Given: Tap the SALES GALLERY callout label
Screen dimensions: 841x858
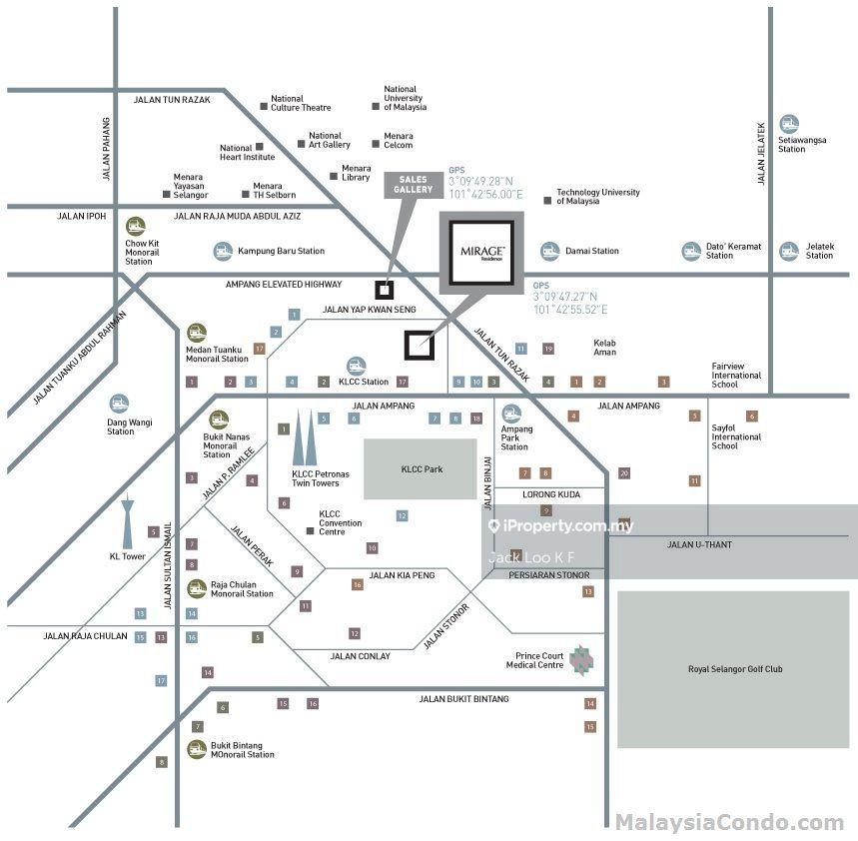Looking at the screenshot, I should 413,184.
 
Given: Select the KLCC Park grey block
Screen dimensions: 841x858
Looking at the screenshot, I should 420,468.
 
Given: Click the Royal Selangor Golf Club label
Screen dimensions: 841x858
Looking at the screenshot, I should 735,668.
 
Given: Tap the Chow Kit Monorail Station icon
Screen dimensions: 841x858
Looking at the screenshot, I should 136,227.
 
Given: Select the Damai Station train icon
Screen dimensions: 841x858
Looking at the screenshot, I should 549,251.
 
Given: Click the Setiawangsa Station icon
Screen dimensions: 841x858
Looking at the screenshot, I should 789,124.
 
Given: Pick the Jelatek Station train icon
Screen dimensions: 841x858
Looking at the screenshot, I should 789,251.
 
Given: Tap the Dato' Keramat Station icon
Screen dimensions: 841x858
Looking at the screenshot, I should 691,251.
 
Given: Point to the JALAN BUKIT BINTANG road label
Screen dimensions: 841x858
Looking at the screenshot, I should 463,699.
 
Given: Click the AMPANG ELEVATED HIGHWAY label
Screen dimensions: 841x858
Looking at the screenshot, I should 284,284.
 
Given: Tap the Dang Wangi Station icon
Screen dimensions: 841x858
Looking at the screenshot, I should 120,404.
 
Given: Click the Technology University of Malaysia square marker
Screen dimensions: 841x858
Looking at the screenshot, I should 547,201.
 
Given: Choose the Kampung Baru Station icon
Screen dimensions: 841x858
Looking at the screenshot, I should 223,251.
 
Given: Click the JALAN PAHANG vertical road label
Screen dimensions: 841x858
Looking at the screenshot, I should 107,150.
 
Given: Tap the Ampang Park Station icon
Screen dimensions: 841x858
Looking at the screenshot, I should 511,414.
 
